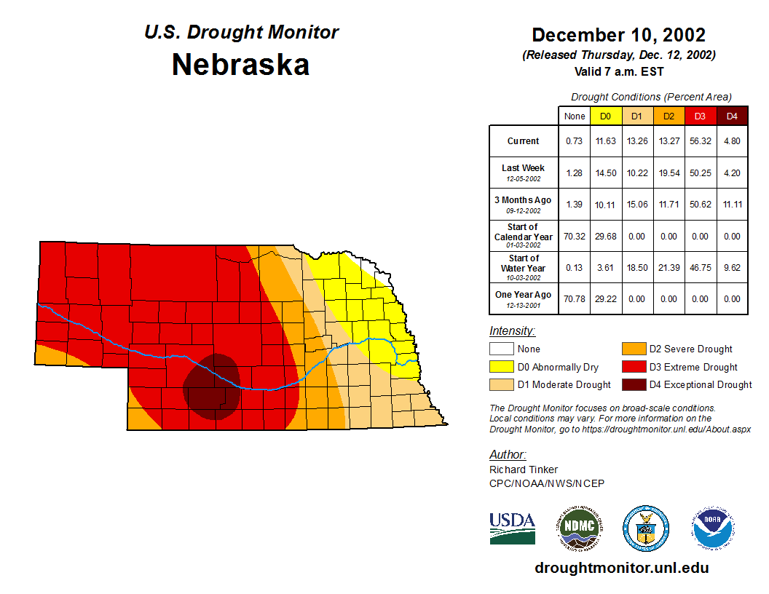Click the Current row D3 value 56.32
click(700, 141)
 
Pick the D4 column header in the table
click(732, 116)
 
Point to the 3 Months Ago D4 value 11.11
click(732, 205)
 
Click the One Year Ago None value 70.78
click(575, 298)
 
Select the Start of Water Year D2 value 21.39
click(668, 268)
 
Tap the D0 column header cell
click(605, 116)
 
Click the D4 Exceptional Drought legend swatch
click(633, 384)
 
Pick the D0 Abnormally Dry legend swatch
click(501, 367)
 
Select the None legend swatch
click(501, 349)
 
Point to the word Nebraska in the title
click(240, 65)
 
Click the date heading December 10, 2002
click(618, 35)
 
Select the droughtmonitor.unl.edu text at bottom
click(621, 568)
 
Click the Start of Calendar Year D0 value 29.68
click(605, 237)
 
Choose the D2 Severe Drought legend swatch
click(633, 349)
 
